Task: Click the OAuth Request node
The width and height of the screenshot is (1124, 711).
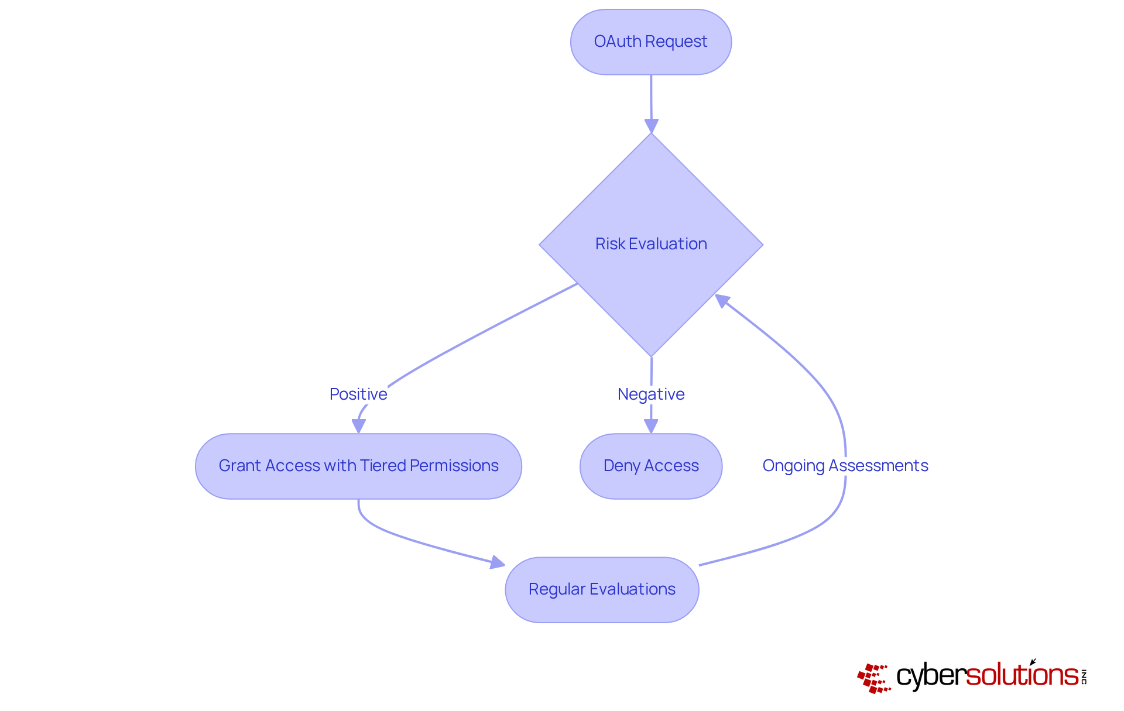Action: coord(650,42)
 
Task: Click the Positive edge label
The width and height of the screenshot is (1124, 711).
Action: coord(358,394)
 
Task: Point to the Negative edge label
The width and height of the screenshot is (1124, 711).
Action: coord(650,394)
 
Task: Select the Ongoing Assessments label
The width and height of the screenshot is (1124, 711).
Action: coord(845,465)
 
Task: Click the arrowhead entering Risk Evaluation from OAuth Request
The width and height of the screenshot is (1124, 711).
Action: coord(651,126)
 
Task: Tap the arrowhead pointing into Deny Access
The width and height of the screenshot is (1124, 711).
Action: coord(650,426)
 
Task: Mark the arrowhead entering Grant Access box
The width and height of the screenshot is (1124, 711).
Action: coord(359,426)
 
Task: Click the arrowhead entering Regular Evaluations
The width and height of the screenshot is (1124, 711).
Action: coord(497,562)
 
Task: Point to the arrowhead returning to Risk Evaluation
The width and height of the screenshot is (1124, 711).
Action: coord(722,301)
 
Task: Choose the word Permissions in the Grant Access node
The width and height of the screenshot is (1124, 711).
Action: coord(454,465)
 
